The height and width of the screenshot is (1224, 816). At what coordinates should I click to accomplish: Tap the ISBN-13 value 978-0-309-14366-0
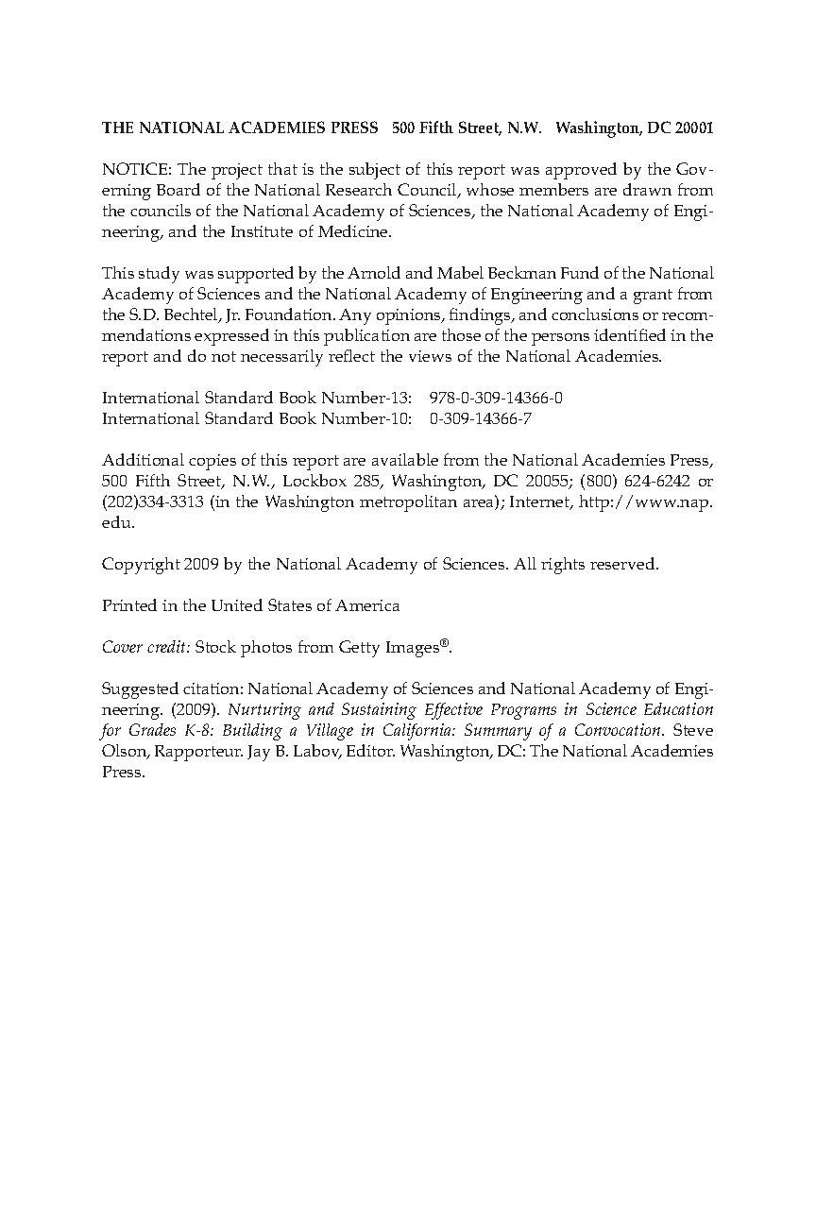click(495, 398)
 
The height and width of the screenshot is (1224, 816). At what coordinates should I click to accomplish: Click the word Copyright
click(140, 564)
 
